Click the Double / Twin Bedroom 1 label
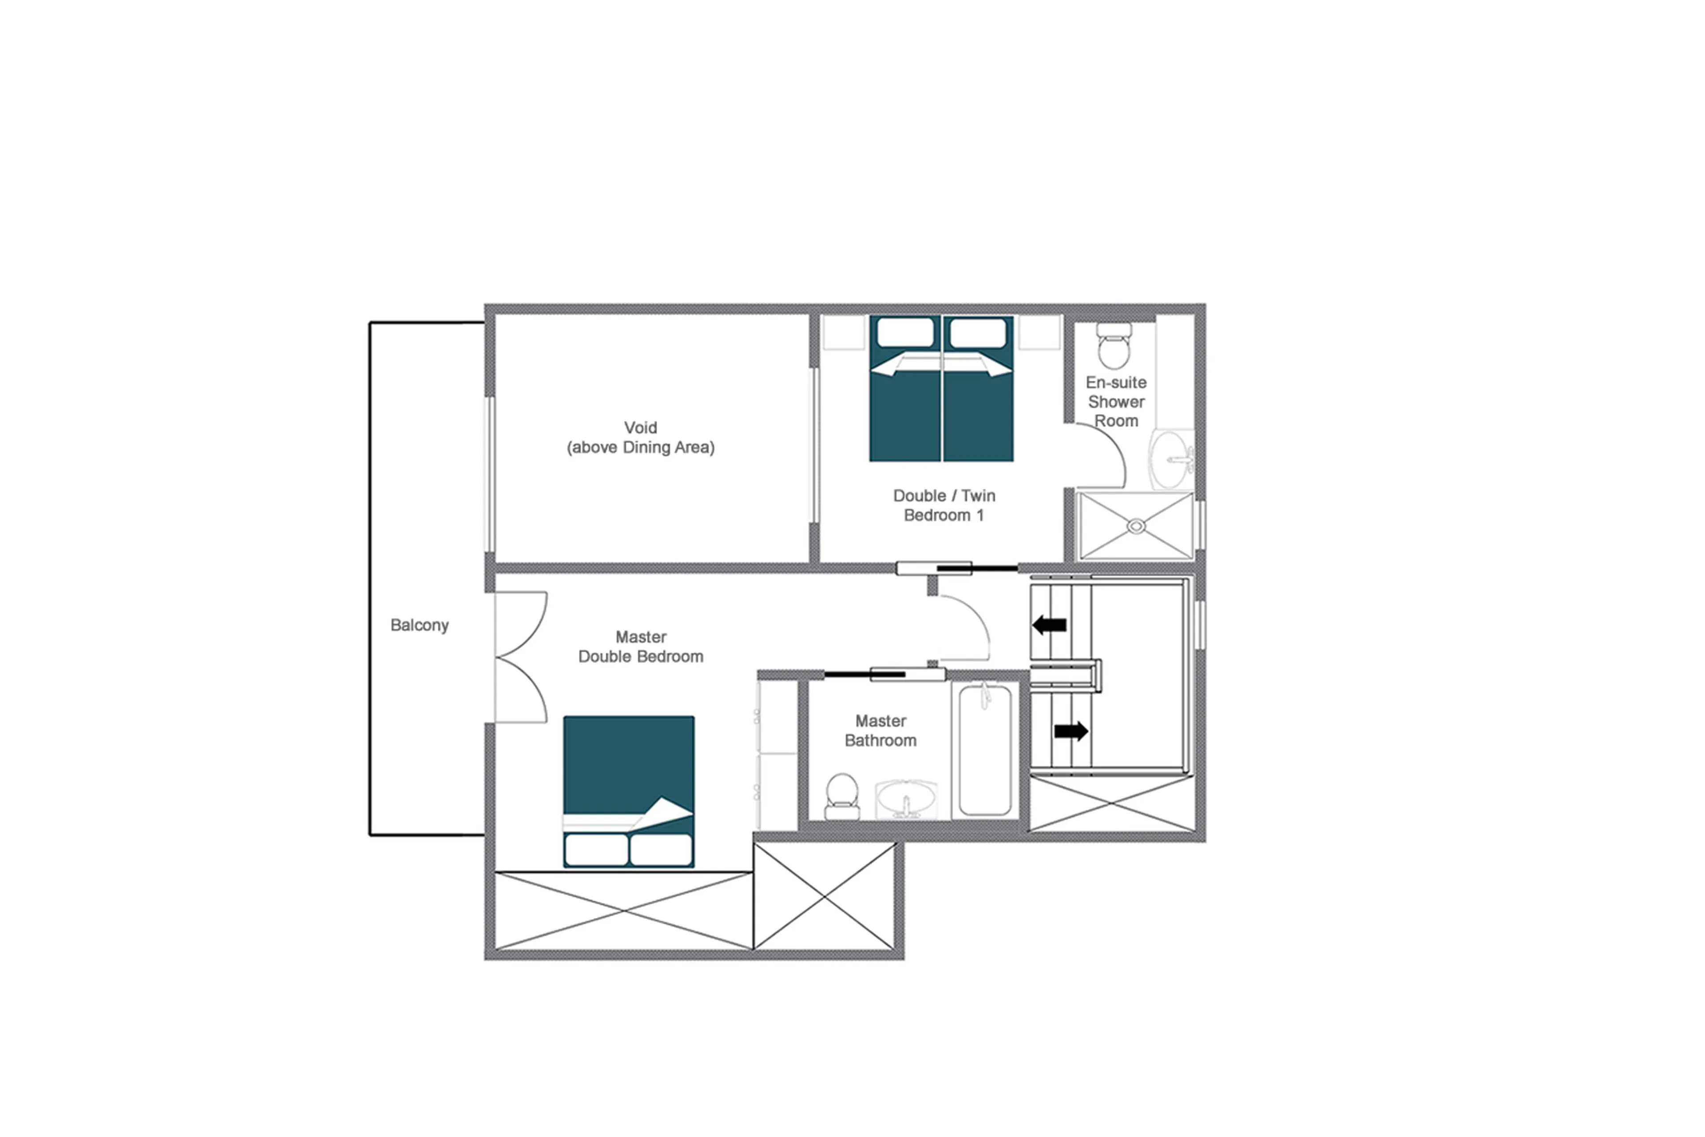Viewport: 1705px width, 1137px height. pos(944,506)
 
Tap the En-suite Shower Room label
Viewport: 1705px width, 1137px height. pos(1115,401)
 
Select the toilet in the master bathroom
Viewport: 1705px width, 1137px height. pos(842,795)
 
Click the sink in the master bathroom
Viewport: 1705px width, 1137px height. pos(906,800)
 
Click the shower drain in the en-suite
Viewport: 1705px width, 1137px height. pos(1135,526)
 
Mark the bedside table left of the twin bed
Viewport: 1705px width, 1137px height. pos(844,332)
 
